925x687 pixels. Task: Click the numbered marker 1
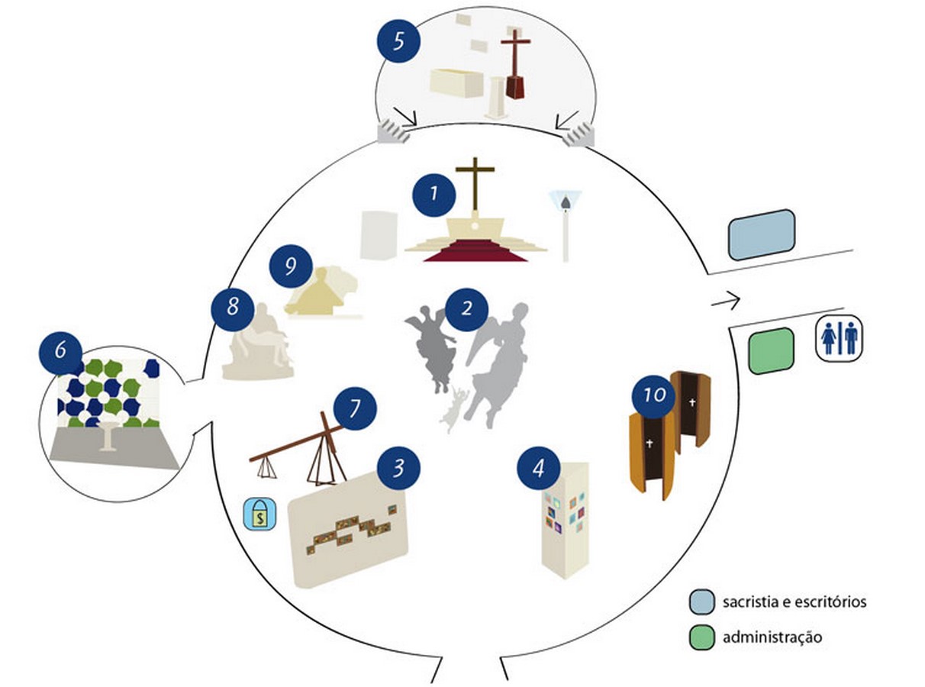pyautogui.click(x=433, y=195)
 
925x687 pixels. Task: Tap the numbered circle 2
pyautogui.click(x=466, y=309)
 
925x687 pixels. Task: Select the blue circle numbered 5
pyautogui.click(x=398, y=41)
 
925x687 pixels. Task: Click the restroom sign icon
pyautogui.click(x=839, y=338)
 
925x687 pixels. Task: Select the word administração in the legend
pyautogui.click(x=772, y=637)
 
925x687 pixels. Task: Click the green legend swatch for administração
pyautogui.click(x=702, y=637)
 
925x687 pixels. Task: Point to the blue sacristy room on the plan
pyautogui.click(x=762, y=235)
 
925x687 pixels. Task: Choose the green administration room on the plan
pyautogui.click(x=771, y=351)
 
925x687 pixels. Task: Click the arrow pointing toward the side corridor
pyautogui.click(x=726, y=300)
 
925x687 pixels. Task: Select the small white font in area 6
pyautogui.click(x=108, y=437)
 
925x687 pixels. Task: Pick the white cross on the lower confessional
pyautogui.click(x=649, y=443)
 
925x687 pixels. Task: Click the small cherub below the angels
pyautogui.click(x=454, y=409)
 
